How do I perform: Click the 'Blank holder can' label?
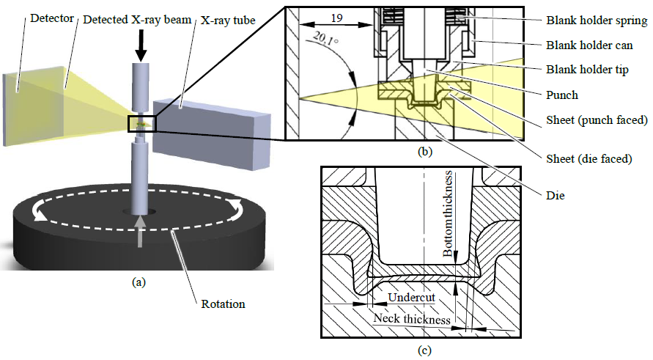(x=589, y=45)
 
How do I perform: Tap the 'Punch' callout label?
(x=562, y=95)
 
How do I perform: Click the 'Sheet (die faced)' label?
(x=588, y=155)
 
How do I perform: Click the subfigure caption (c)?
(x=424, y=350)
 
